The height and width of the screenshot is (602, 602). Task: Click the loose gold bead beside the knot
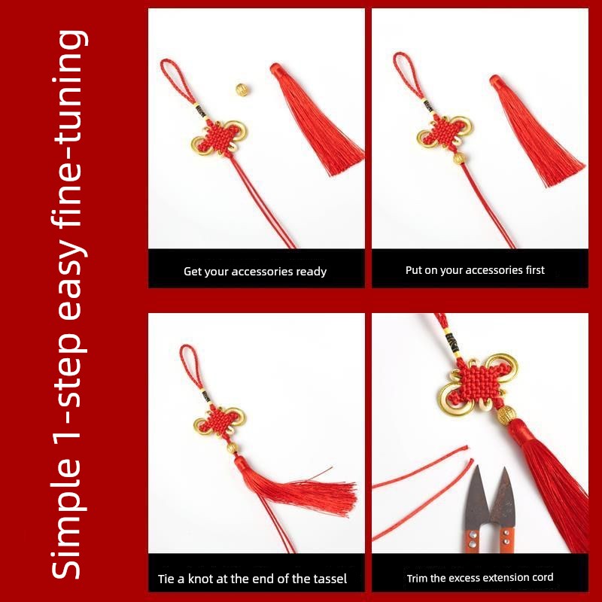[x=242, y=90]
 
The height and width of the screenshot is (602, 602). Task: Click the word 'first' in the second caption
[x=535, y=270]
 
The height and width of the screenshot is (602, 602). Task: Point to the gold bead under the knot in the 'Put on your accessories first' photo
[x=458, y=158]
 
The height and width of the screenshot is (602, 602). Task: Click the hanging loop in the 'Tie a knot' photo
[x=190, y=366]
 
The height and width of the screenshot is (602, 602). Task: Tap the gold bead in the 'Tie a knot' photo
[x=231, y=447]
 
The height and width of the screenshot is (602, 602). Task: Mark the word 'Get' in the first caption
[x=192, y=272]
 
